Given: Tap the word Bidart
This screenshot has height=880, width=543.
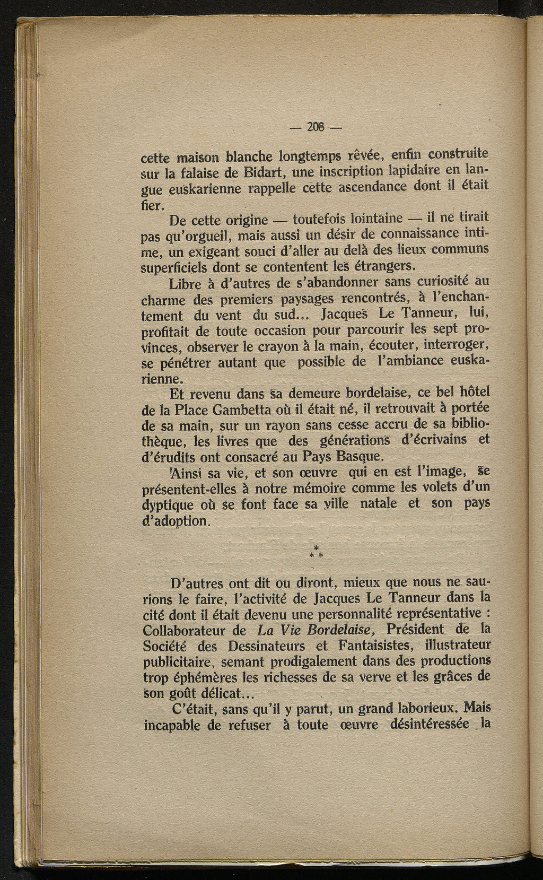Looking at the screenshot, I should [x=266, y=173].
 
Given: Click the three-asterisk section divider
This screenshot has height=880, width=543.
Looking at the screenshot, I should [x=316, y=552].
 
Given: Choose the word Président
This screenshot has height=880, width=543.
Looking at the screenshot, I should [x=417, y=630].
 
